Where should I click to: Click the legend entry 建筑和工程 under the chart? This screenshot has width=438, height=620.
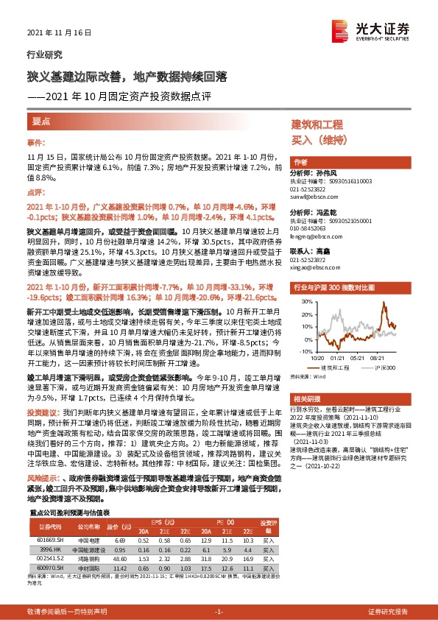(335, 367)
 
